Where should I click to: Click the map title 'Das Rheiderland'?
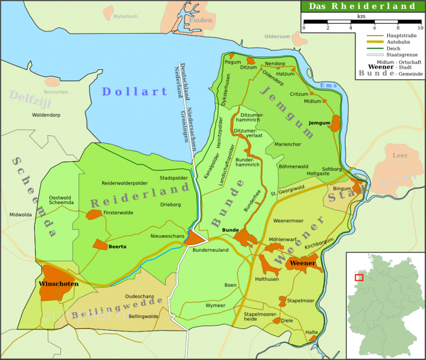point(362,6)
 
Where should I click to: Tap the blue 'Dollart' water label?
point(135,92)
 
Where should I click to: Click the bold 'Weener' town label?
point(303,262)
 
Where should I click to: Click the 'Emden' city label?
point(201,20)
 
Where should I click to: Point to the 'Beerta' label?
point(118,246)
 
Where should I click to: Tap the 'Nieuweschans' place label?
point(168,236)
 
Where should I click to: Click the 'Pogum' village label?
point(233,62)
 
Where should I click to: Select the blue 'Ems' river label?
point(329,85)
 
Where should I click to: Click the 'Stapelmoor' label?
point(300,301)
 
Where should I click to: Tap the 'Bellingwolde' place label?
point(143,316)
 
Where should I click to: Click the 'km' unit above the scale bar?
point(362,17)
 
